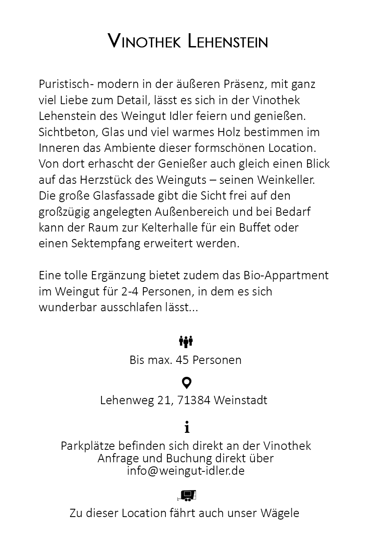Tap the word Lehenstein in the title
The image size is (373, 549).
coord(228,41)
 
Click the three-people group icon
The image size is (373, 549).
coord(186,342)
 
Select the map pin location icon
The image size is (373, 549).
coord(186,383)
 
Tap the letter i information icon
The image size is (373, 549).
coord(187,427)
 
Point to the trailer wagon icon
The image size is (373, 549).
coord(186,495)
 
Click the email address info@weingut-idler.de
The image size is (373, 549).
coord(186,471)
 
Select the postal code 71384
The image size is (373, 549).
coord(194,400)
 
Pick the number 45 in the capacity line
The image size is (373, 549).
coord(182,359)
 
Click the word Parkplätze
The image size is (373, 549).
coord(87,446)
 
